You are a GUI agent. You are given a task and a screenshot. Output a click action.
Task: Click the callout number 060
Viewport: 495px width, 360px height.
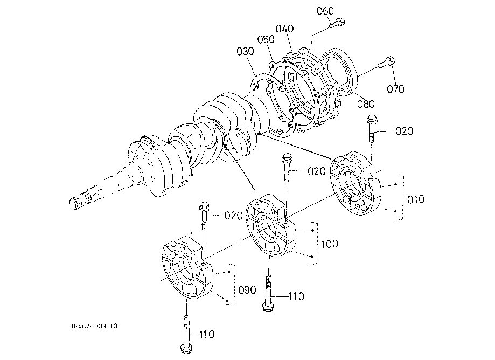tap(325, 11)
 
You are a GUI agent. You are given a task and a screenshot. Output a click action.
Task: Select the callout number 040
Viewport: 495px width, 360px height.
tap(284, 29)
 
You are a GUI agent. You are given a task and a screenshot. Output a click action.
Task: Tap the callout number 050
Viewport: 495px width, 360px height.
tap(266, 39)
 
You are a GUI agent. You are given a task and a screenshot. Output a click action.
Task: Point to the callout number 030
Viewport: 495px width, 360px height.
tap(245, 51)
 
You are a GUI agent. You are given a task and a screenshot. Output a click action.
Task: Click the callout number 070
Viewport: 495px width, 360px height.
tap(395, 89)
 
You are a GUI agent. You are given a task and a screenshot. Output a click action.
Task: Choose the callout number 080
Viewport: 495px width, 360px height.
tap(366, 104)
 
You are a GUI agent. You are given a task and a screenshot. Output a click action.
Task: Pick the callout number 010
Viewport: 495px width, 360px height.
tap(416, 199)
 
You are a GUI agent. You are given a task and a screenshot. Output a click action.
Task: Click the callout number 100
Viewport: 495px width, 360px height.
tap(330, 244)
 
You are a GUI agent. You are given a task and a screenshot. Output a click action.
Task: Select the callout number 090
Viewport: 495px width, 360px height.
tap(247, 290)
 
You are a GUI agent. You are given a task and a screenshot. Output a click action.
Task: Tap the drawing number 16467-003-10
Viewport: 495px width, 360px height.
tap(94, 326)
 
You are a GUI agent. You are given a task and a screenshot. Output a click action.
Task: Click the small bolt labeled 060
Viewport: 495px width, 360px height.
tap(338, 23)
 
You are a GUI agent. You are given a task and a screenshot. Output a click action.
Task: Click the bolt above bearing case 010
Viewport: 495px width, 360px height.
tap(372, 129)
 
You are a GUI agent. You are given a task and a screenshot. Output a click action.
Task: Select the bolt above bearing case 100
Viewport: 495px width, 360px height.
tap(287, 168)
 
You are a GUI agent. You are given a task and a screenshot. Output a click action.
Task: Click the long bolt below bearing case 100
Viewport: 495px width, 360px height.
tap(268, 294)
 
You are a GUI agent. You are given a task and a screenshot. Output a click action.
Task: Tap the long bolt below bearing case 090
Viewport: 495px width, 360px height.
tap(186, 334)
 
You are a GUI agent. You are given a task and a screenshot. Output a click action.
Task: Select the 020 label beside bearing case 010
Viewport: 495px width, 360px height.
tap(404, 131)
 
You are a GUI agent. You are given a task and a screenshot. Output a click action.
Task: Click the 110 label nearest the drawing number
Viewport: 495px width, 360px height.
tap(207, 335)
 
